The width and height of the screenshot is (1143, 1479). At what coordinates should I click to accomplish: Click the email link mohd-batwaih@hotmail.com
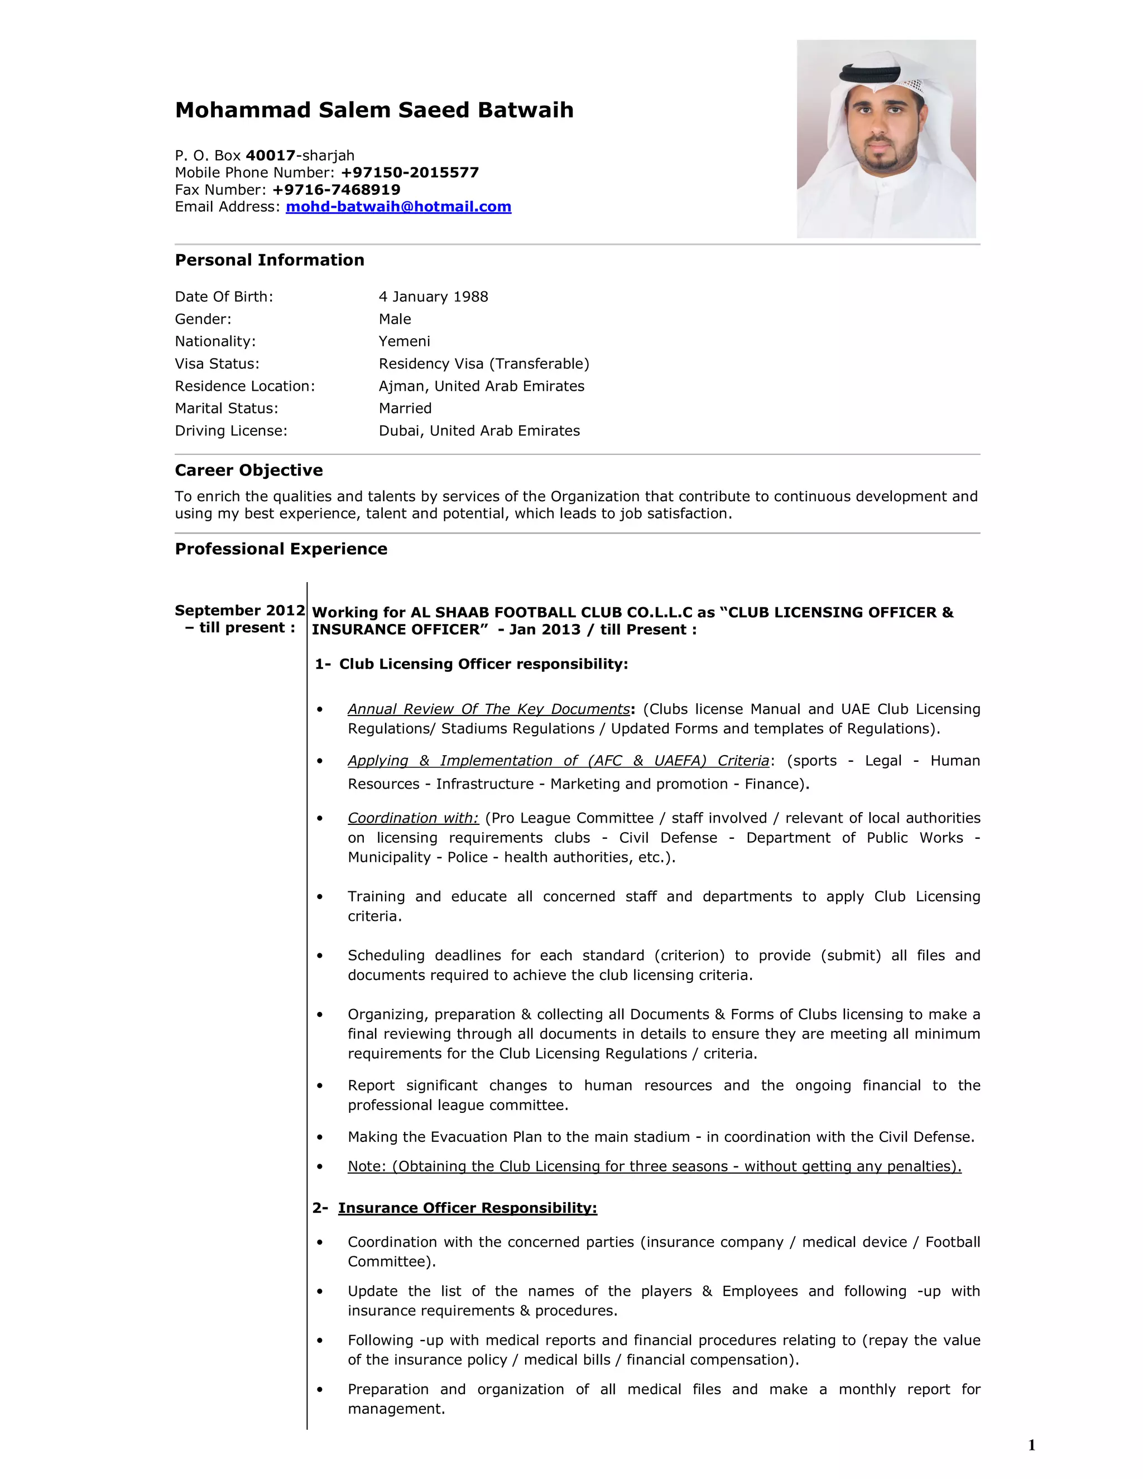point(398,207)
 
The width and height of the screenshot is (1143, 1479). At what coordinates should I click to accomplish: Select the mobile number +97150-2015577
point(410,172)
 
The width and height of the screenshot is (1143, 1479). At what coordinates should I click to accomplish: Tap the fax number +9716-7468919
point(336,190)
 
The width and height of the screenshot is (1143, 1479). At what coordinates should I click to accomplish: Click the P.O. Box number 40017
point(270,155)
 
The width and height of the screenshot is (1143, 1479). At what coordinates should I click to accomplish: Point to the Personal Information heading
point(270,260)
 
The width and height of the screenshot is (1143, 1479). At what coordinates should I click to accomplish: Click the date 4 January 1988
point(433,296)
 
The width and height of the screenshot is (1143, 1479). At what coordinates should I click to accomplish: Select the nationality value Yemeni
point(404,342)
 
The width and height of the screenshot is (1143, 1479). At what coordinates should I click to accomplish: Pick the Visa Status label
point(217,364)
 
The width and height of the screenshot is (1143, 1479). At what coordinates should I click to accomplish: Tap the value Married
point(405,409)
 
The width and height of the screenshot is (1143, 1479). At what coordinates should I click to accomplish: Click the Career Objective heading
point(248,470)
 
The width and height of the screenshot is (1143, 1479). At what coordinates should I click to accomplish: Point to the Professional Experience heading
point(281,549)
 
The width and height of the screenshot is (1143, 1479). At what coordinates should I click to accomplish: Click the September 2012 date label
point(239,610)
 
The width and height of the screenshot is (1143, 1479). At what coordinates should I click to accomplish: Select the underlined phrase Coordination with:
point(413,818)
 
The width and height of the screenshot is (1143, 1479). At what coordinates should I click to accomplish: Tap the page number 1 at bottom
point(1031,1445)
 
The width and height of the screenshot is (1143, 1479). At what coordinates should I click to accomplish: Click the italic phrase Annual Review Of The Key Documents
point(489,709)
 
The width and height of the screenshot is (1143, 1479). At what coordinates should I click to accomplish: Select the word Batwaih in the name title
point(525,110)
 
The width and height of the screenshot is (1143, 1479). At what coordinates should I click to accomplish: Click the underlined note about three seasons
point(654,1166)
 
